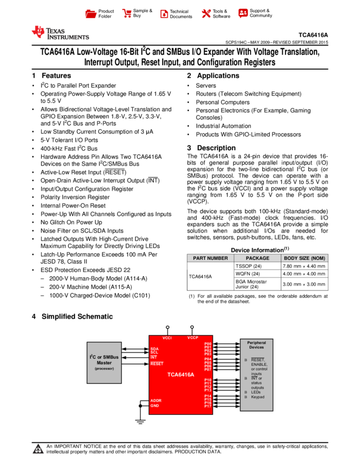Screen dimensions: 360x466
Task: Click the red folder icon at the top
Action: [x=91, y=14]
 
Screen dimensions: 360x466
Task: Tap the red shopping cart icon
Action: [x=127, y=14]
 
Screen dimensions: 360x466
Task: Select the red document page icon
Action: [x=164, y=14]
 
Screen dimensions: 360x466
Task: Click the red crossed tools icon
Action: [x=206, y=14]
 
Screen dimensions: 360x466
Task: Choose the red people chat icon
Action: [x=243, y=13]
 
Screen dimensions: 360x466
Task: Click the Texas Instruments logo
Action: [x=60, y=33]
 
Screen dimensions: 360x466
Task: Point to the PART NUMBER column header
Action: [x=210, y=258]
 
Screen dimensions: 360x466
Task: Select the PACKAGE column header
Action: [x=258, y=258]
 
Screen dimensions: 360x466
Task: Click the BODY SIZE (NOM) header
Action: [x=304, y=258]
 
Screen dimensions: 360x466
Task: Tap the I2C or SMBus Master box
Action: [x=104, y=362]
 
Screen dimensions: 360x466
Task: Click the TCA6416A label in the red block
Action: [x=181, y=375]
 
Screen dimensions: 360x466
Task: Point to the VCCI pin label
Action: [x=167, y=338]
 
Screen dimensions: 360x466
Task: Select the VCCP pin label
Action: [x=192, y=338]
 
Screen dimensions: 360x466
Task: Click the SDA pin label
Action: [x=155, y=349]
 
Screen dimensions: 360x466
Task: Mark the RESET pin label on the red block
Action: [x=157, y=363]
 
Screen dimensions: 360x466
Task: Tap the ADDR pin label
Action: [x=156, y=401]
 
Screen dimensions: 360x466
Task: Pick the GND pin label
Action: [x=155, y=406]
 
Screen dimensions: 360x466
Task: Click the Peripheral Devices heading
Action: [x=256, y=345]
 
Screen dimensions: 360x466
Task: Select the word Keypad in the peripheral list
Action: [x=258, y=397]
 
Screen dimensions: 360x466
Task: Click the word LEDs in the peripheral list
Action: [x=256, y=392]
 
